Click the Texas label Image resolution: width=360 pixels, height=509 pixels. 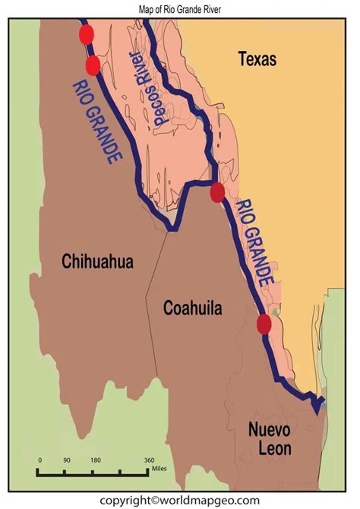[257, 58]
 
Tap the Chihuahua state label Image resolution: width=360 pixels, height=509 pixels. [97, 262]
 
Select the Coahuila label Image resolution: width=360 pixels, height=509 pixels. [193, 308]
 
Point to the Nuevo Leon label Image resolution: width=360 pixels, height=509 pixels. [269, 439]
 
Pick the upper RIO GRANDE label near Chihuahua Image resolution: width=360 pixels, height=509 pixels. [97, 122]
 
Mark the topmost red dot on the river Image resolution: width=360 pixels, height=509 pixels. [86, 34]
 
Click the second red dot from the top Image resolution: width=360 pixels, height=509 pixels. [93, 65]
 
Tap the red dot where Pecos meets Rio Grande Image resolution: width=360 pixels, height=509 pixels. [217, 192]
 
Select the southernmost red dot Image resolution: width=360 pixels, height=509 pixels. [264, 324]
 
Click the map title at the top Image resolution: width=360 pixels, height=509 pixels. [179, 8]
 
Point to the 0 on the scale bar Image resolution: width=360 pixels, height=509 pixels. [39, 460]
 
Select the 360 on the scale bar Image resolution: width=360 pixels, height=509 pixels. [150, 460]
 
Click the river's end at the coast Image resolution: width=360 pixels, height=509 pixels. [317, 410]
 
